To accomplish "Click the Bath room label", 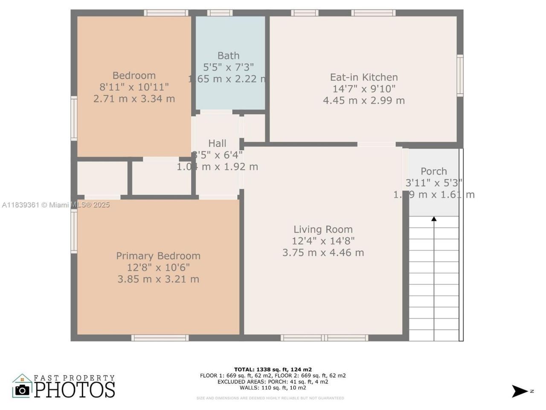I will tap(228, 56).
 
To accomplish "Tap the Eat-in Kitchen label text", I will tap(364, 77).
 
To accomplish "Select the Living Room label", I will tap(323, 229).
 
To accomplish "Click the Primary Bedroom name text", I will tap(158, 256).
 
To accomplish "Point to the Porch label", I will tap(434, 171).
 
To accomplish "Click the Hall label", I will tap(217, 143).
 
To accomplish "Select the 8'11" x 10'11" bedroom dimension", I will tap(134, 87).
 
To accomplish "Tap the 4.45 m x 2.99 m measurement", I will tap(364, 101).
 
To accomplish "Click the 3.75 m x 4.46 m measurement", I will tap(323, 252).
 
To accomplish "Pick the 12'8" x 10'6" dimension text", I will tap(158, 267).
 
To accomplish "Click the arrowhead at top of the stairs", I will tap(434, 219).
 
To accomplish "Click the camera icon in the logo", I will tap(22, 389).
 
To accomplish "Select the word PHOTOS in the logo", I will tap(75, 389).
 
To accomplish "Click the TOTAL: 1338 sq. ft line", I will tap(273, 369).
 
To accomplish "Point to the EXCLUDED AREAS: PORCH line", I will tap(273, 382).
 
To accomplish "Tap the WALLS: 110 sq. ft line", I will tap(273, 388).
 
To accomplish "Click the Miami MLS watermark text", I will tap(55, 205).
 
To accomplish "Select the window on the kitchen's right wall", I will tap(460, 76).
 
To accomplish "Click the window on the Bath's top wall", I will tap(220, 13).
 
